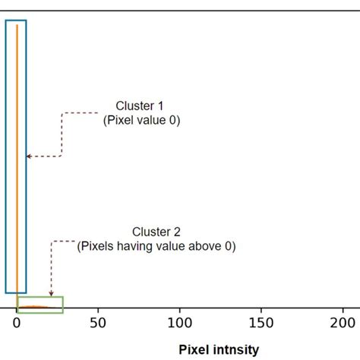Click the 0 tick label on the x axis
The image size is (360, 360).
tap(17, 322)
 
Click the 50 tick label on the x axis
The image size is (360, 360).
tap(98, 322)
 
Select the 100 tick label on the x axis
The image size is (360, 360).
tap(180, 322)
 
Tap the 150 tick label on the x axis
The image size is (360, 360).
tap(261, 322)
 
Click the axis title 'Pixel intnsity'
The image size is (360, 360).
tap(219, 349)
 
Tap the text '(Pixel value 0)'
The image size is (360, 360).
tap(141, 120)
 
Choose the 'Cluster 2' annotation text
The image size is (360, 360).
tap(156, 232)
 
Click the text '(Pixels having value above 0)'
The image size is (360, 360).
tap(157, 245)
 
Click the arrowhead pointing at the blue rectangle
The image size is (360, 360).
tap(29, 156)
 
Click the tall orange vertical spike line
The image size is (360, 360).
tap(17, 152)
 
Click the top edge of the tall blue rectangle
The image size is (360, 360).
tap(16, 21)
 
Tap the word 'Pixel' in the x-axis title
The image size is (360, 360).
tap(194, 349)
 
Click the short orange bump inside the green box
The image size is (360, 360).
tap(34, 307)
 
